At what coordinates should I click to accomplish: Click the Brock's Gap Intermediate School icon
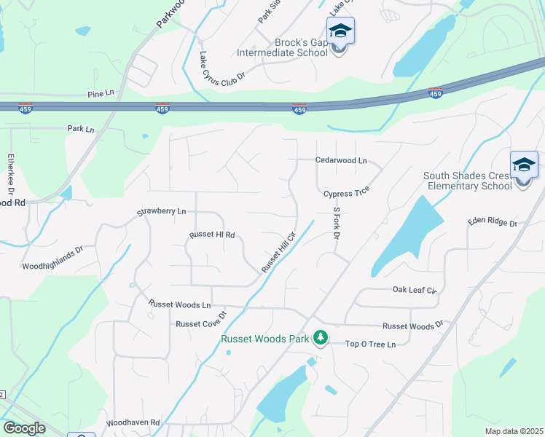(340, 32)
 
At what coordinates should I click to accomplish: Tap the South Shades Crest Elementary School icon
(524, 166)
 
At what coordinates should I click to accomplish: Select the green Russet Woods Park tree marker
(320, 337)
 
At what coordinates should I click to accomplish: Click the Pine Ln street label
(101, 94)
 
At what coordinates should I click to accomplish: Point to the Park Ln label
(81, 129)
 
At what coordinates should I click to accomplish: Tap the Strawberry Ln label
(162, 212)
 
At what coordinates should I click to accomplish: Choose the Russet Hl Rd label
(212, 235)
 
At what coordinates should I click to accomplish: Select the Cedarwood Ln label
(341, 160)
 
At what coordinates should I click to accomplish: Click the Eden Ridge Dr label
(492, 222)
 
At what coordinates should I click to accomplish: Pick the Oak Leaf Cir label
(414, 290)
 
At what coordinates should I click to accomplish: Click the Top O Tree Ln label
(370, 345)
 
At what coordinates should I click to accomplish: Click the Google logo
(23, 428)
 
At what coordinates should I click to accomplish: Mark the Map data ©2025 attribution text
(514, 431)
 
